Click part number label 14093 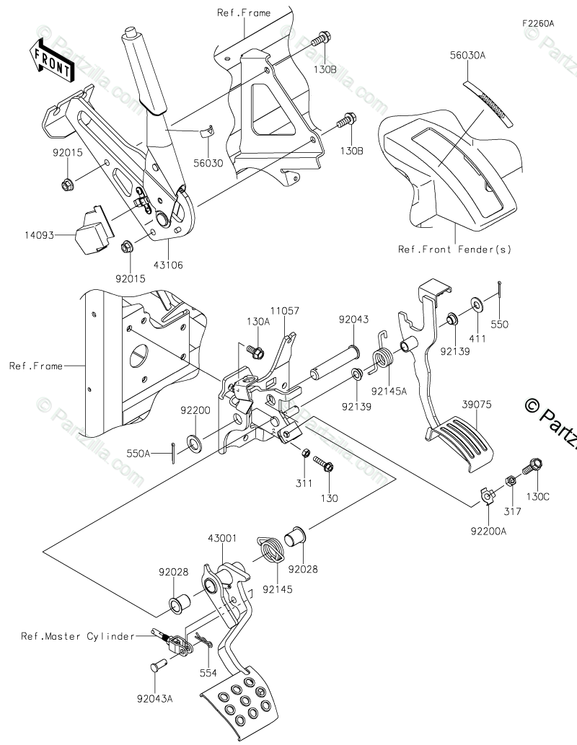[40, 234]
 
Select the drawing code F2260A [538, 23]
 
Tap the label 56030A [467, 55]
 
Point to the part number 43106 [168, 265]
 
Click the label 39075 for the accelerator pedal [477, 405]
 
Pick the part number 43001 [222, 538]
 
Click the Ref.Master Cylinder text [78, 636]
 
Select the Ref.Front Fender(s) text [454, 250]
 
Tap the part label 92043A [154, 699]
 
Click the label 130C [538, 497]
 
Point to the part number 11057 [285, 311]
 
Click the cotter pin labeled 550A [173, 454]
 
